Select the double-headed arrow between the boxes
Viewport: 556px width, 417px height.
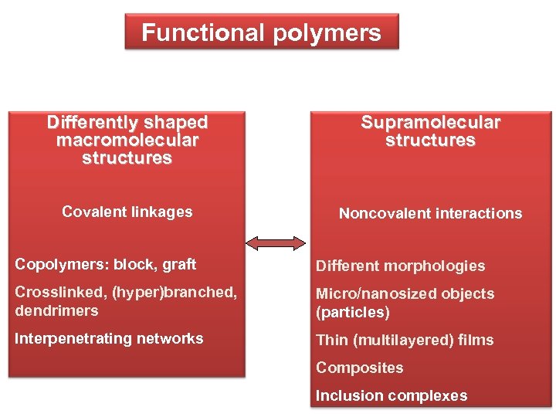[276, 243]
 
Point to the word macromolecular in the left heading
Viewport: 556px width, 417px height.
[127, 141]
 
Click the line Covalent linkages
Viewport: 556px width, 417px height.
[127, 212]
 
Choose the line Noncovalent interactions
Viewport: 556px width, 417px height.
[431, 213]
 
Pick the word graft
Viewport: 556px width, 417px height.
[179, 265]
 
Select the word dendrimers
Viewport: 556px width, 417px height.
[56, 310]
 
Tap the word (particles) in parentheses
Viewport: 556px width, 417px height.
[353, 312]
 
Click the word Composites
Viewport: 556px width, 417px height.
[359, 368]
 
